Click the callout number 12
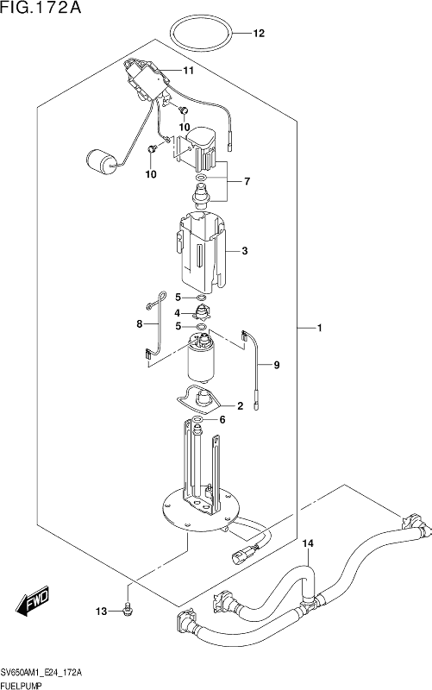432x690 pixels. click(x=259, y=34)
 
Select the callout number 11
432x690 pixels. click(x=188, y=71)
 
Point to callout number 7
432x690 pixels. click(x=247, y=181)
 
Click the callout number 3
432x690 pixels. click(x=245, y=251)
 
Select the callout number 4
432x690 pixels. click(x=178, y=313)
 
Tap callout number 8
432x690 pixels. click(x=140, y=324)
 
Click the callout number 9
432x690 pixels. click(x=276, y=365)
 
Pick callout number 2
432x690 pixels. click(x=241, y=405)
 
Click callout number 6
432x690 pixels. click(x=222, y=420)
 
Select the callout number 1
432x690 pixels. click(x=320, y=329)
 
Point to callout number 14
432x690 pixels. click(x=308, y=544)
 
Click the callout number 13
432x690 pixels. click(x=102, y=612)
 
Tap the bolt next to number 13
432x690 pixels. click(x=128, y=610)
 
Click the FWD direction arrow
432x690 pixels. click(x=34, y=600)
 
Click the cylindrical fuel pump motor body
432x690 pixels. click(x=201, y=358)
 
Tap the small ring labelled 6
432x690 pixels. click(x=197, y=418)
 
